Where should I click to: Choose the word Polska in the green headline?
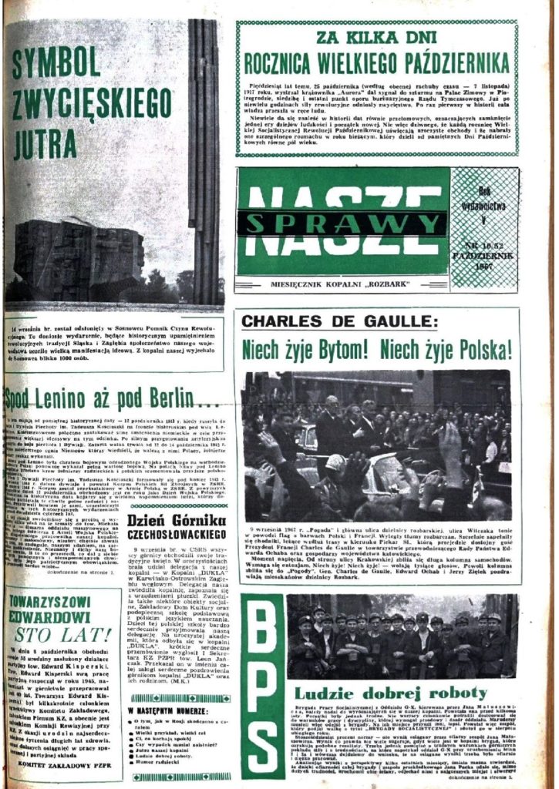[x=484, y=350]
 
